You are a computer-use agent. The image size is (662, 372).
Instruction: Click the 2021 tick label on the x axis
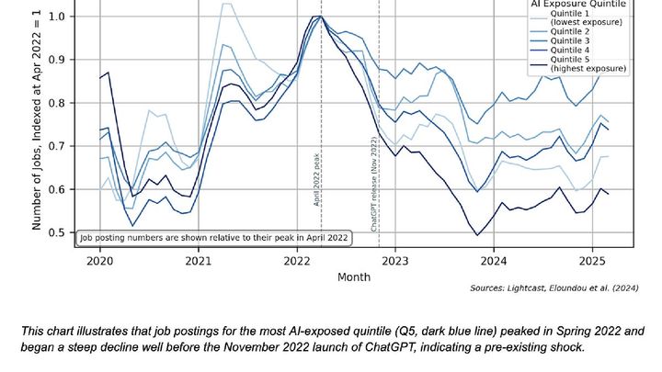198,260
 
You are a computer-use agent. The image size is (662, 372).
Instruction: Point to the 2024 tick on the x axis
494,260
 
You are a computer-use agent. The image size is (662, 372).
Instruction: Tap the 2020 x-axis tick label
99,260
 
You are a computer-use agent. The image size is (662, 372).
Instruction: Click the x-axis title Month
354,276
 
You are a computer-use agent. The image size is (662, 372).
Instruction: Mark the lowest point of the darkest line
477,235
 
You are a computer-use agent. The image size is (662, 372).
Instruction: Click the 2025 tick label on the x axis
592,260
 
